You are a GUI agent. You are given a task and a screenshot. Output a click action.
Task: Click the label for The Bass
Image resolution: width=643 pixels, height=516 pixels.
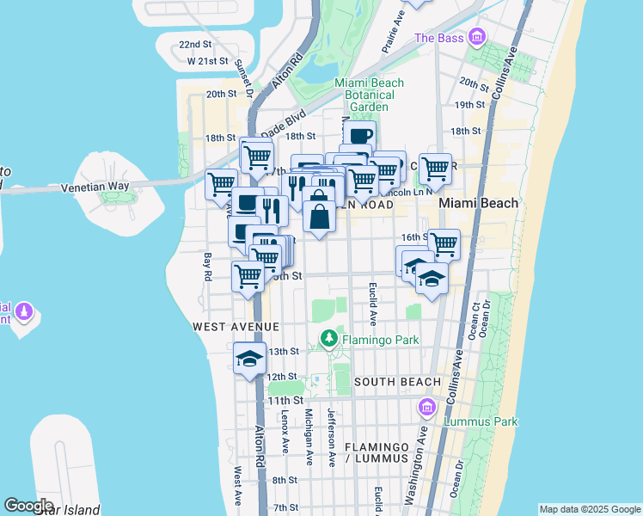[x=438, y=38]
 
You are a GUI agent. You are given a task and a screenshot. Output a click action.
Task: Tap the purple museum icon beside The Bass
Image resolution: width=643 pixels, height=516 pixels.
[x=476, y=38]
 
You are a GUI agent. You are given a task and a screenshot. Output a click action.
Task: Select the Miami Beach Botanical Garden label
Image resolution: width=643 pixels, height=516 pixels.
[x=368, y=95]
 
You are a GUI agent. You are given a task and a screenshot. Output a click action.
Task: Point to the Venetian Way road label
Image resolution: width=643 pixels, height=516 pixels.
[x=95, y=187]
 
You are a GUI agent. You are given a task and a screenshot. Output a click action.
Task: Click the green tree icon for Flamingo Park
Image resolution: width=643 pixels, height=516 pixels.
[x=328, y=341]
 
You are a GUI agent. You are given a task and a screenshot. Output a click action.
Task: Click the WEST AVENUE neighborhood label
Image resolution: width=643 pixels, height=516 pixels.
[x=236, y=327]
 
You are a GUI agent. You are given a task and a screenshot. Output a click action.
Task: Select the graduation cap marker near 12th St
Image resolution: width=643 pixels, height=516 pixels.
[x=249, y=359]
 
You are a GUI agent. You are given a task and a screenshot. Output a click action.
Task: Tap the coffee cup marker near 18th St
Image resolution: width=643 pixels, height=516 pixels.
[x=359, y=135]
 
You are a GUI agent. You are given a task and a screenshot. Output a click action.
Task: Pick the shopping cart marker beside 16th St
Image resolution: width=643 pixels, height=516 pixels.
[x=444, y=244]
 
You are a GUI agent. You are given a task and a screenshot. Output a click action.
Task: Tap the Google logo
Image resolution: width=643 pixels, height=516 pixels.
[x=28, y=506]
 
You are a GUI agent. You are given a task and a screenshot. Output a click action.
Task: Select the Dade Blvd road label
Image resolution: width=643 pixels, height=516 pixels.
[x=284, y=121]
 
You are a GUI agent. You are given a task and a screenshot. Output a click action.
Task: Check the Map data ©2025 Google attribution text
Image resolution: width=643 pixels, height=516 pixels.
[x=589, y=509]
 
